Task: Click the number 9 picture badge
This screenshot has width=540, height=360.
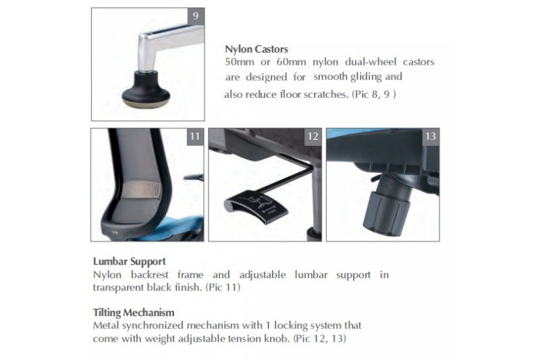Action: [196, 16]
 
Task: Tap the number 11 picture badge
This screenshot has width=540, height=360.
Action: [195, 136]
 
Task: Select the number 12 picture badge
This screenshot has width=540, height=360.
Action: [313, 136]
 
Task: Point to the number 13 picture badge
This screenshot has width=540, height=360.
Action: [431, 136]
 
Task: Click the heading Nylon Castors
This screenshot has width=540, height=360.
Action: [256, 49]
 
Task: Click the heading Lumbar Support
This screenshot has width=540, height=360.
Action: [130, 261]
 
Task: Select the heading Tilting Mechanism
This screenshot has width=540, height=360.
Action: [134, 313]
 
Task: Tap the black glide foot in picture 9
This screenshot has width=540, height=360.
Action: [146, 90]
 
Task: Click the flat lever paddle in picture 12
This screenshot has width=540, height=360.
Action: [256, 206]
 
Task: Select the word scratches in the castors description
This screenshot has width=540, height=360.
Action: [326, 95]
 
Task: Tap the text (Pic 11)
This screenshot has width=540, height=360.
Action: [223, 287]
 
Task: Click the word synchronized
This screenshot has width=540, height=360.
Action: [153, 326]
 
